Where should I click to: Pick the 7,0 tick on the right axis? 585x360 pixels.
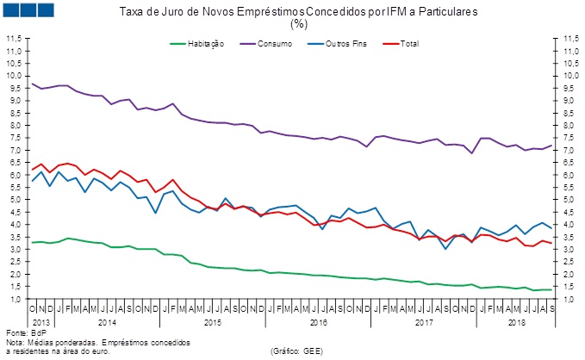[x=569, y=151]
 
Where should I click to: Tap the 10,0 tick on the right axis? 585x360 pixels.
[x=569, y=76]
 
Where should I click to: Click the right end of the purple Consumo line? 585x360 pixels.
[x=551, y=146]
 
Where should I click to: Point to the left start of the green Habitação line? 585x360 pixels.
[x=32, y=242]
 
